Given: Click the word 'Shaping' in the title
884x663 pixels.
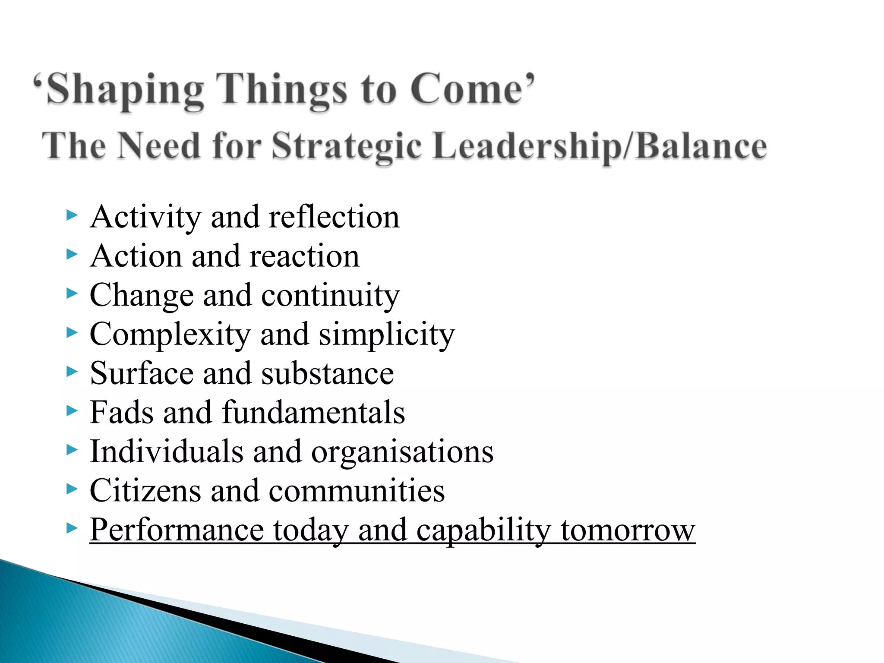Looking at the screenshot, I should click(125, 90).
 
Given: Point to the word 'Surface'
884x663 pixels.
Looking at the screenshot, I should click(142, 373).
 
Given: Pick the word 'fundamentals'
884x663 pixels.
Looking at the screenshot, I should click(314, 412).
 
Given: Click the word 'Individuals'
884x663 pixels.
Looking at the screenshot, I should click(166, 451).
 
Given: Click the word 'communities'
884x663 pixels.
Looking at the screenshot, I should click(357, 491).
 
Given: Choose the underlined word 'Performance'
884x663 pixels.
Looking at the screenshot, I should click(177, 530).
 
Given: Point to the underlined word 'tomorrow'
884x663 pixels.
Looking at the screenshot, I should click(628, 530).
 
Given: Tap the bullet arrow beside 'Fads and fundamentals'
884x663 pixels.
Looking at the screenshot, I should click(72, 410).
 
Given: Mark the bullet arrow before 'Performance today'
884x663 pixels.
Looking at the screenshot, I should click(72, 528).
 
